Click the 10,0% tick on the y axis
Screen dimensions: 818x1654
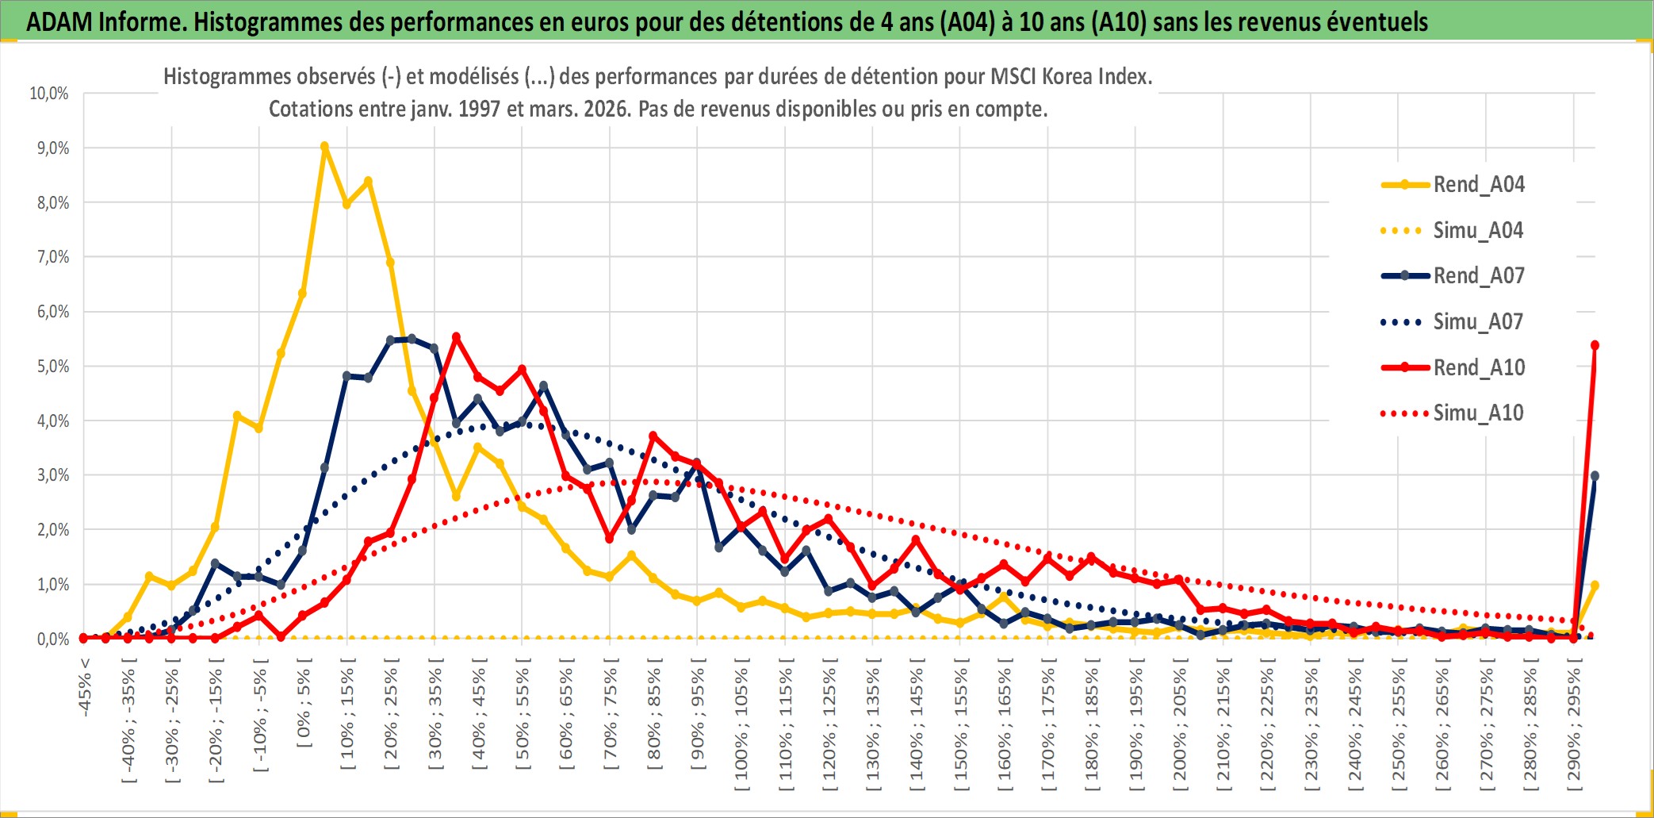[49, 94]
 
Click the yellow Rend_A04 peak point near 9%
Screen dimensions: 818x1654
[324, 147]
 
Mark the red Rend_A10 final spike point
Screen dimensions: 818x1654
[1595, 345]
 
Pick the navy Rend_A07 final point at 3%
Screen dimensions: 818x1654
[1595, 476]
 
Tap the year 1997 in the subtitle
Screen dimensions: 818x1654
[479, 109]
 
